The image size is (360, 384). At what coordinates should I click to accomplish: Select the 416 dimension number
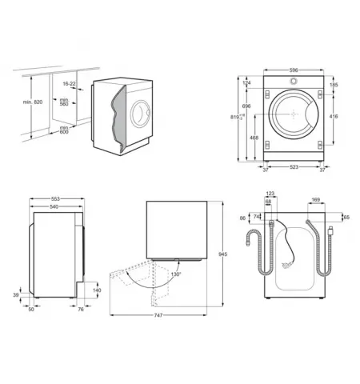click(x=333, y=117)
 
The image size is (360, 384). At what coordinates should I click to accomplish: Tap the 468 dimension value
click(x=254, y=138)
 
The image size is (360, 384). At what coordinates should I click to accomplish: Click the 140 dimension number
click(x=98, y=290)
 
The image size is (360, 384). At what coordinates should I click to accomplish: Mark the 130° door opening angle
click(x=175, y=274)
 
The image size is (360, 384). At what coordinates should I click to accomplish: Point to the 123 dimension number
click(x=270, y=194)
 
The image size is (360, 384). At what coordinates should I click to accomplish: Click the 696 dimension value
click(x=248, y=106)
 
